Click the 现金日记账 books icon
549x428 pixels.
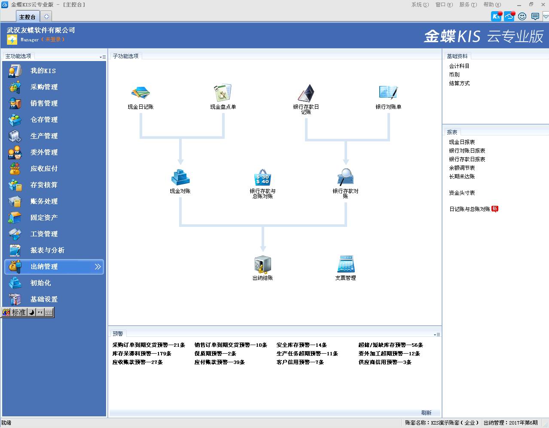click(x=140, y=92)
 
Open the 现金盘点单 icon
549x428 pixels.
click(x=223, y=92)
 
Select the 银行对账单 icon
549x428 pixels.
click(x=388, y=92)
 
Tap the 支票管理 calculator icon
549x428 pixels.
click(x=346, y=264)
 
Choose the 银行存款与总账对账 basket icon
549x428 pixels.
click(x=262, y=177)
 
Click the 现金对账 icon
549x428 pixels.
click(x=180, y=177)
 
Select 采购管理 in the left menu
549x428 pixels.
click(x=44, y=87)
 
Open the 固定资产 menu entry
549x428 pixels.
click(x=44, y=217)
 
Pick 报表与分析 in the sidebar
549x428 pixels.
click(x=48, y=250)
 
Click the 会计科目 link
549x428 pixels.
click(x=459, y=66)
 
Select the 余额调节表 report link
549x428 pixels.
click(x=462, y=168)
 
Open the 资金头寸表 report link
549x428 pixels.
click(x=462, y=193)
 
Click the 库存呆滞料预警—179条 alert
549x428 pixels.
click(x=142, y=354)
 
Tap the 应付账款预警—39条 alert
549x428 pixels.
click(x=220, y=362)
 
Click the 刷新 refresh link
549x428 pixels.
click(x=426, y=413)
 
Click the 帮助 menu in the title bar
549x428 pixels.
click(x=492, y=5)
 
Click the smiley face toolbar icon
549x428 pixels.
click(x=522, y=16)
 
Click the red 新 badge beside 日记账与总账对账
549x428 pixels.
click(x=495, y=209)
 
